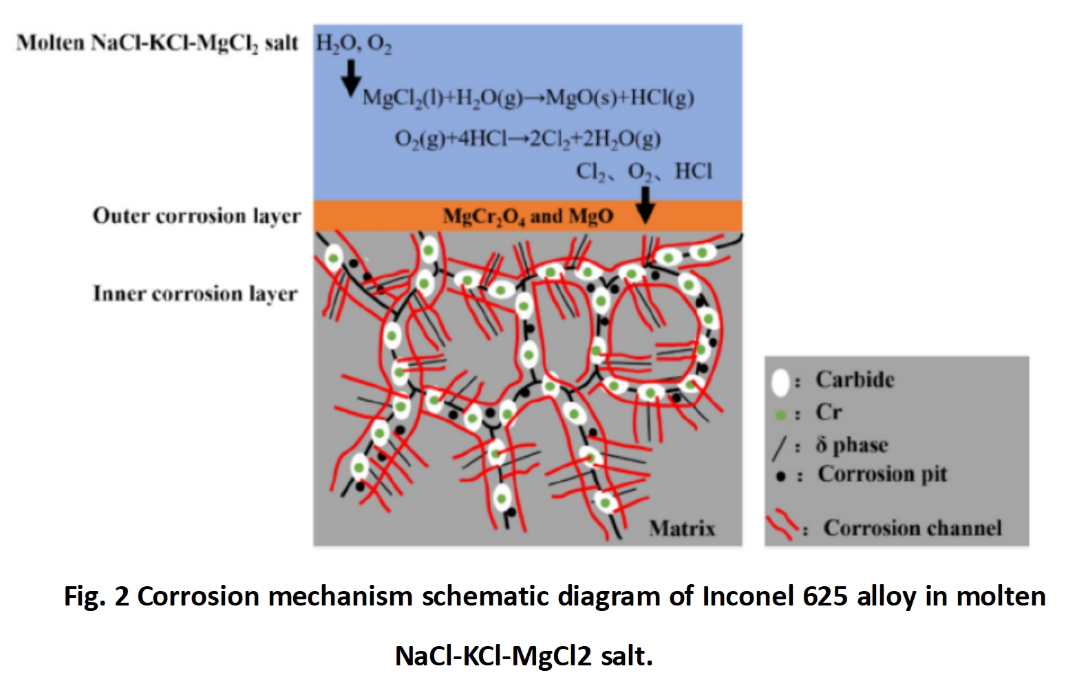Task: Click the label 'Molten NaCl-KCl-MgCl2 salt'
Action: (158, 43)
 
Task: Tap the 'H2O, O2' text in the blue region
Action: (354, 43)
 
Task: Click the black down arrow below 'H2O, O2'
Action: (351, 77)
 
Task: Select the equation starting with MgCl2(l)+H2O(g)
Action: (528, 98)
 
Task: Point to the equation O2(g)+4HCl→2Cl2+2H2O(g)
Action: (527, 138)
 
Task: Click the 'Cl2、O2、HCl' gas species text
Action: (644, 171)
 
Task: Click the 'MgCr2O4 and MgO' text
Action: (528, 216)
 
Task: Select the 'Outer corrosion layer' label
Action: (197, 216)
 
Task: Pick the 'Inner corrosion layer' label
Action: (195, 294)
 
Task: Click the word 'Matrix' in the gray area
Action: (682, 528)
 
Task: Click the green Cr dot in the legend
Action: (780, 415)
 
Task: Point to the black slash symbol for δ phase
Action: (779, 447)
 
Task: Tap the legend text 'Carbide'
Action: (855, 380)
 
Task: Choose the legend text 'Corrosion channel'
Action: (912, 528)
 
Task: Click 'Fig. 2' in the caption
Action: (96, 596)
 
